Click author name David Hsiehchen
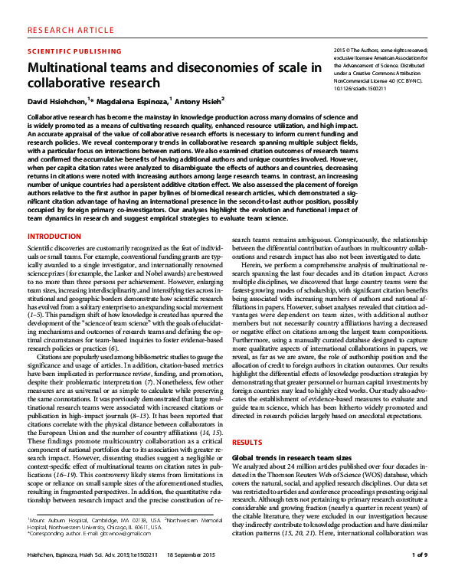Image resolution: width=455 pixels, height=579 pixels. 57,100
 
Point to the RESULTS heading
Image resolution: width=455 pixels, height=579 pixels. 247,443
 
